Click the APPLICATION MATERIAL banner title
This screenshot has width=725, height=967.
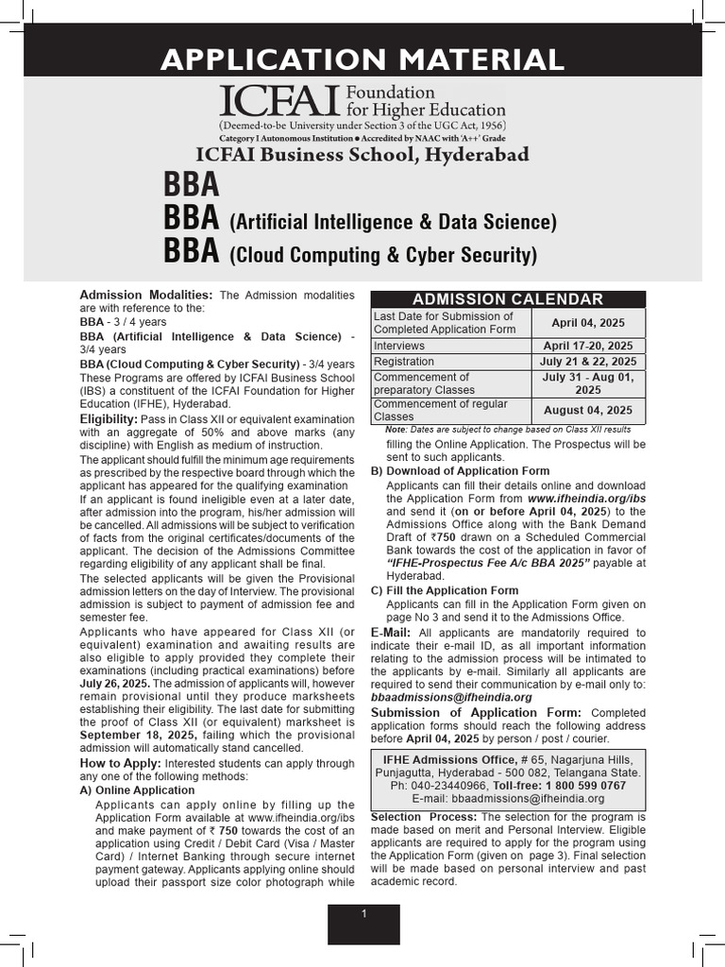(x=362, y=59)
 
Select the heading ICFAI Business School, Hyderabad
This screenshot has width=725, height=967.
(x=362, y=154)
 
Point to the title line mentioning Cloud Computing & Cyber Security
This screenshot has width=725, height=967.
(x=350, y=254)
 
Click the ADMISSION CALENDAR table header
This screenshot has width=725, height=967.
(x=508, y=299)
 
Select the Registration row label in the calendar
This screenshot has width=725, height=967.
(x=404, y=362)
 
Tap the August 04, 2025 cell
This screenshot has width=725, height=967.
(x=588, y=410)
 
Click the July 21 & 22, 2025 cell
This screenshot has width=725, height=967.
(x=588, y=362)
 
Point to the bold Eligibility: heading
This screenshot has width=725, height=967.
(x=109, y=418)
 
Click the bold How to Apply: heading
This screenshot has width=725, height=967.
(x=121, y=762)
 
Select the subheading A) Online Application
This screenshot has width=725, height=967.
(x=137, y=789)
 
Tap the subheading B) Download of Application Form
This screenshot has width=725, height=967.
(x=460, y=470)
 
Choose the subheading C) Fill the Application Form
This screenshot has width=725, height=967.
(x=445, y=590)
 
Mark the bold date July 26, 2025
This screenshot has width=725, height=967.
(x=114, y=683)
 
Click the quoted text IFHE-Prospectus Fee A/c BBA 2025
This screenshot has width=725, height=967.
(x=488, y=563)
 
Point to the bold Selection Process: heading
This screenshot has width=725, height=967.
(x=424, y=816)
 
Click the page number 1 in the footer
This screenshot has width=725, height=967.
(x=363, y=914)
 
